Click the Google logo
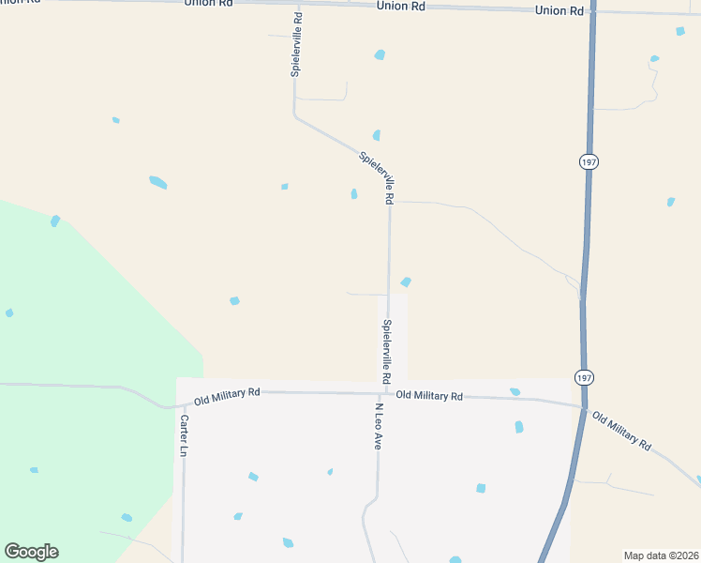(31, 552)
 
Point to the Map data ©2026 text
(662, 555)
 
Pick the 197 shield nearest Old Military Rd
(586, 376)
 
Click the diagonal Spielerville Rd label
(376, 176)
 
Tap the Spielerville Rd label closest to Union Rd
(296, 44)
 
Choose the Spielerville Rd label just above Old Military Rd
(385, 351)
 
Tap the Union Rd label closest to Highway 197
(559, 10)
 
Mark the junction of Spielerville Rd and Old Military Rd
(388, 393)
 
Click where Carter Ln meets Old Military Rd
(183, 404)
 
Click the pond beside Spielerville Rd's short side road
(406, 281)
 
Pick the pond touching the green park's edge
(55, 221)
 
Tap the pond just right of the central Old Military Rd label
(515, 391)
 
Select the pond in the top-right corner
(680, 31)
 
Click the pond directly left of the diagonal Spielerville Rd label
(354, 194)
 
